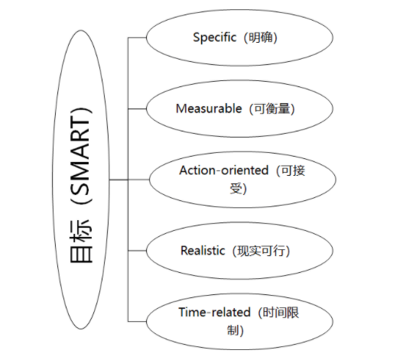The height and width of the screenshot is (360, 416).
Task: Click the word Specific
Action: pyautogui.click(x=214, y=37)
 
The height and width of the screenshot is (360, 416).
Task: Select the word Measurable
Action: pyautogui.click(x=209, y=109)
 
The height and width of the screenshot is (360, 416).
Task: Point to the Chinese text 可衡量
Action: pyautogui.click(x=272, y=109)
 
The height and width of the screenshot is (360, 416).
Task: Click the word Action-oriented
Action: pyautogui.click(x=224, y=170)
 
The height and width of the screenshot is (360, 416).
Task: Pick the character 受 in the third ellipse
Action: pyautogui.click(x=236, y=188)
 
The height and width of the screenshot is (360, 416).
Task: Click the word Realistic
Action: pyautogui.click(x=203, y=251)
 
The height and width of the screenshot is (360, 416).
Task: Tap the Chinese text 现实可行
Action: pyautogui.click(x=262, y=251)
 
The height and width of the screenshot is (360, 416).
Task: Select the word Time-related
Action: pyautogui.click(x=214, y=312)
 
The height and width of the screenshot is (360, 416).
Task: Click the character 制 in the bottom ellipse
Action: pyautogui.click(x=232, y=330)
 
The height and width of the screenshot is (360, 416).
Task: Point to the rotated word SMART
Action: pyautogui.click(x=80, y=157)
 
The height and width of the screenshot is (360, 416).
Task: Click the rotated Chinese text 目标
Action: pyautogui.click(x=81, y=242)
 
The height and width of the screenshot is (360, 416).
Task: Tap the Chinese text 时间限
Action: pyautogui.click(x=281, y=312)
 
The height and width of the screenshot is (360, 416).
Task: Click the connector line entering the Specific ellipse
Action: pyautogui.click(x=137, y=37)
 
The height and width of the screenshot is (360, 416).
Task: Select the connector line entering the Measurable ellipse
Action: pyautogui.click(x=137, y=109)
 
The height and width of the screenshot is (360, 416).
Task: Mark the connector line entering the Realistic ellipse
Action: pyautogui.click(x=137, y=251)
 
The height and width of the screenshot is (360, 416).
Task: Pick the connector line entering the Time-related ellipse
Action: pyautogui.click(x=137, y=322)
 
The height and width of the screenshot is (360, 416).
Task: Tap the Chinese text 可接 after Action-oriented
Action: pyautogui.click(x=293, y=170)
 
